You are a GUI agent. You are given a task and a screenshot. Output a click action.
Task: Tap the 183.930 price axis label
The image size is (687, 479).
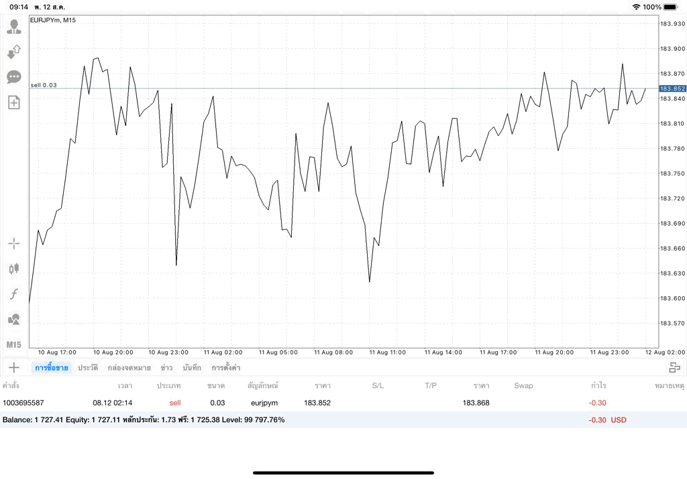[x=672, y=23]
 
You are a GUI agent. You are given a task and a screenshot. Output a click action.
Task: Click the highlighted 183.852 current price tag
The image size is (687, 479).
[x=672, y=88]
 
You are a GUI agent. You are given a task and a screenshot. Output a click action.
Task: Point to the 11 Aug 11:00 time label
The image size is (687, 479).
[x=387, y=352]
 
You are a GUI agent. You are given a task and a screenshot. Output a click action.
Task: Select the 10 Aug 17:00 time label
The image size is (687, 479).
[x=57, y=352]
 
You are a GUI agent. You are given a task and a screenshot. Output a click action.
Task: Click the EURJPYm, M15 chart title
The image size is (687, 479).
[x=53, y=20]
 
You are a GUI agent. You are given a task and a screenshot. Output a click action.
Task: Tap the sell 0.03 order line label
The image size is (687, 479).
[x=44, y=85]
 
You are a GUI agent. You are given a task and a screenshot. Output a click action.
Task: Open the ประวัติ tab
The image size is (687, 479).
[x=88, y=367]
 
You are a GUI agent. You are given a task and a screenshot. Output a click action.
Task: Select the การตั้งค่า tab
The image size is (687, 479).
[x=225, y=367]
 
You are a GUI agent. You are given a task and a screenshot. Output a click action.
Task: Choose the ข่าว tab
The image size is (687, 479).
[x=166, y=367]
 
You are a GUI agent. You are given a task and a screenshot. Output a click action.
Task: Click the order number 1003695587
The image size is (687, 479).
[x=23, y=403]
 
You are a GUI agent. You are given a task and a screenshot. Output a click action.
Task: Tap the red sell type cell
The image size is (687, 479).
[x=175, y=403]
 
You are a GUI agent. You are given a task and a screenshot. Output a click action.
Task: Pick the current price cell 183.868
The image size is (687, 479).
[x=476, y=403]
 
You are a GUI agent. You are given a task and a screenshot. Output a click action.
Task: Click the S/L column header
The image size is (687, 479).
[x=378, y=385]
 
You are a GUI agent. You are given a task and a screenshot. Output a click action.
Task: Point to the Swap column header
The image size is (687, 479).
[x=523, y=385]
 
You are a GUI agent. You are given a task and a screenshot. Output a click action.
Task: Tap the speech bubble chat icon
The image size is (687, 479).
[x=14, y=78]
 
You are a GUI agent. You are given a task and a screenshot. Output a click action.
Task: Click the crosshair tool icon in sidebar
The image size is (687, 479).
[x=14, y=243]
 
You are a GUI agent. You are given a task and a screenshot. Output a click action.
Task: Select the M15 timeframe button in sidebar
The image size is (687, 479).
[x=13, y=345]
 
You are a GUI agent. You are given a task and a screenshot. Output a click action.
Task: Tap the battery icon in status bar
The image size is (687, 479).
[x=671, y=7]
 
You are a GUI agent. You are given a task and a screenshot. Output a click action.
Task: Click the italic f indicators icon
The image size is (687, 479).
[x=14, y=293]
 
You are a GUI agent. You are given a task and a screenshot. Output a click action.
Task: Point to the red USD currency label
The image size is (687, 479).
[x=619, y=420]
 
